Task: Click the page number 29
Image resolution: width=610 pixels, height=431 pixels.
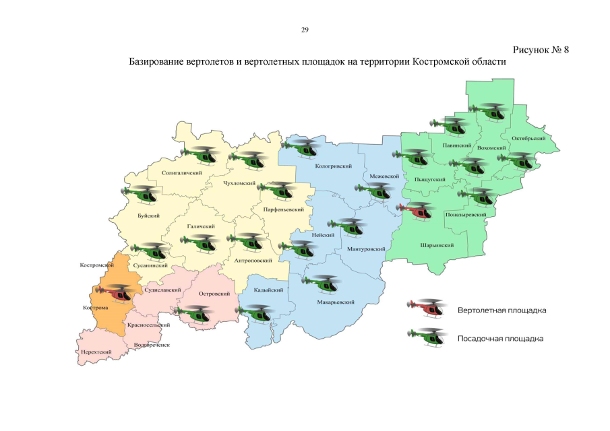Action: tap(305, 30)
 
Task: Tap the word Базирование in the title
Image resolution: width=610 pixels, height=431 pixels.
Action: tap(158, 61)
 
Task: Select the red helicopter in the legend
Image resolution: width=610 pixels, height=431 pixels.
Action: tap(427, 308)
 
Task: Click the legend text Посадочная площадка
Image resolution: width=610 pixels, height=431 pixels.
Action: tap(500, 338)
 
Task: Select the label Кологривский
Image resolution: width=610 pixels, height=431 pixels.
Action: tap(334, 165)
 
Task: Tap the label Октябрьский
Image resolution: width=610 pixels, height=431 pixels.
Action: tap(527, 139)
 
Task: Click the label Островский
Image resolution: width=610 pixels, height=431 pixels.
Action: tap(215, 294)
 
